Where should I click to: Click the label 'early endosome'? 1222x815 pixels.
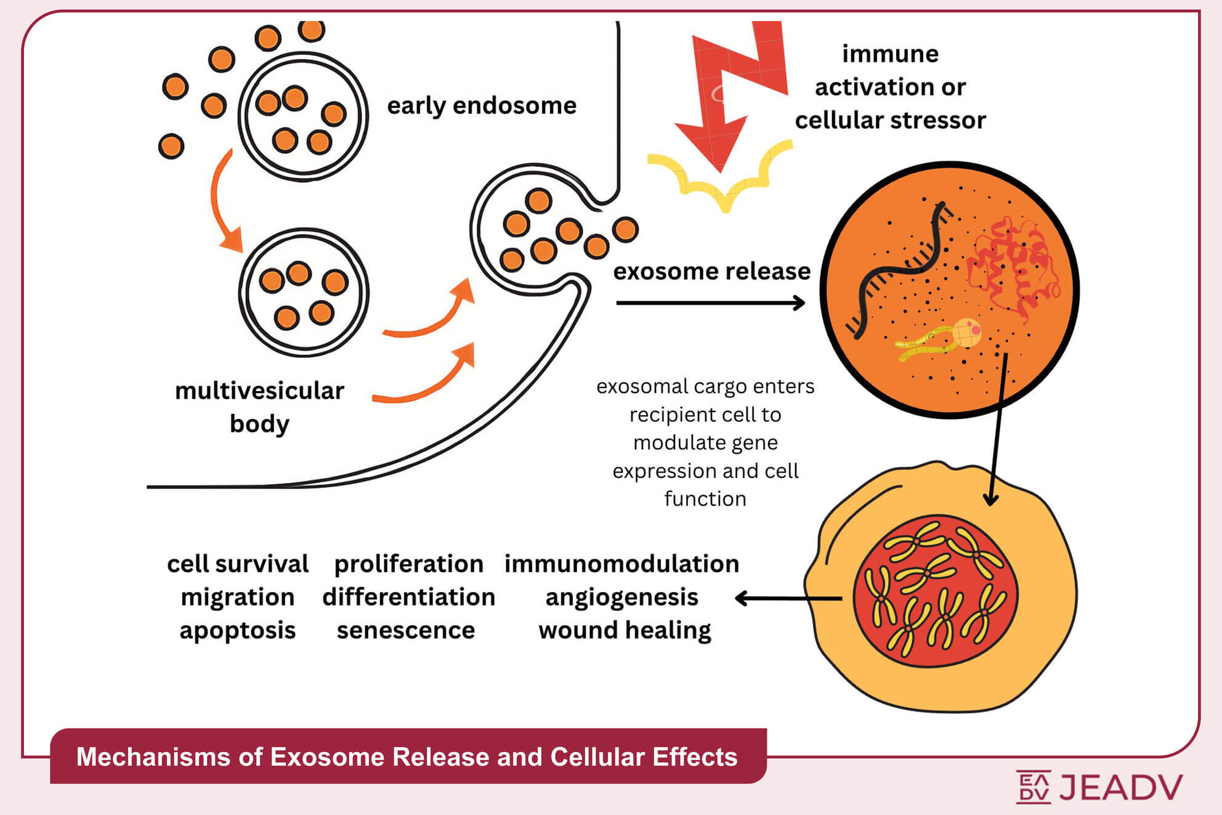[x=481, y=106]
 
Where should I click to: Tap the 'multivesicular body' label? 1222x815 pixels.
[x=259, y=407]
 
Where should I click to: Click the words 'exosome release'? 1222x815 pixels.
[x=711, y=272]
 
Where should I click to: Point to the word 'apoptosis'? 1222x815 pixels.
[x=238, y=631]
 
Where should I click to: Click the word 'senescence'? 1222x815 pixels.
[x=406, y=631]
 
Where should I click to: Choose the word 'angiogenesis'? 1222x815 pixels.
[x=621, y=598]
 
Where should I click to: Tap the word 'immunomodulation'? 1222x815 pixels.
[x=621, y=564]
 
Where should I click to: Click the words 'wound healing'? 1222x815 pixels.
[x=625, y=631]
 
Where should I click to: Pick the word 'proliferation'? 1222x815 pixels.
[x=408, y=564]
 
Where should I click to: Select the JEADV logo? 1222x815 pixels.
[x=1099, y=787]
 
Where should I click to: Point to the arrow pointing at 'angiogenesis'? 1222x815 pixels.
[x=788, y=598]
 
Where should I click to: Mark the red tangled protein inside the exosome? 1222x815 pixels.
[x=1010, y=265]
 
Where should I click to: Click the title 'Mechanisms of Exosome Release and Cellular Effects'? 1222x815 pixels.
[x=407, y=757]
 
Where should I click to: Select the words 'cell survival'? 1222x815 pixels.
[x=238, y=564]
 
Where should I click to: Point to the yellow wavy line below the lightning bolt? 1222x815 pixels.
[x=721, y=179]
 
